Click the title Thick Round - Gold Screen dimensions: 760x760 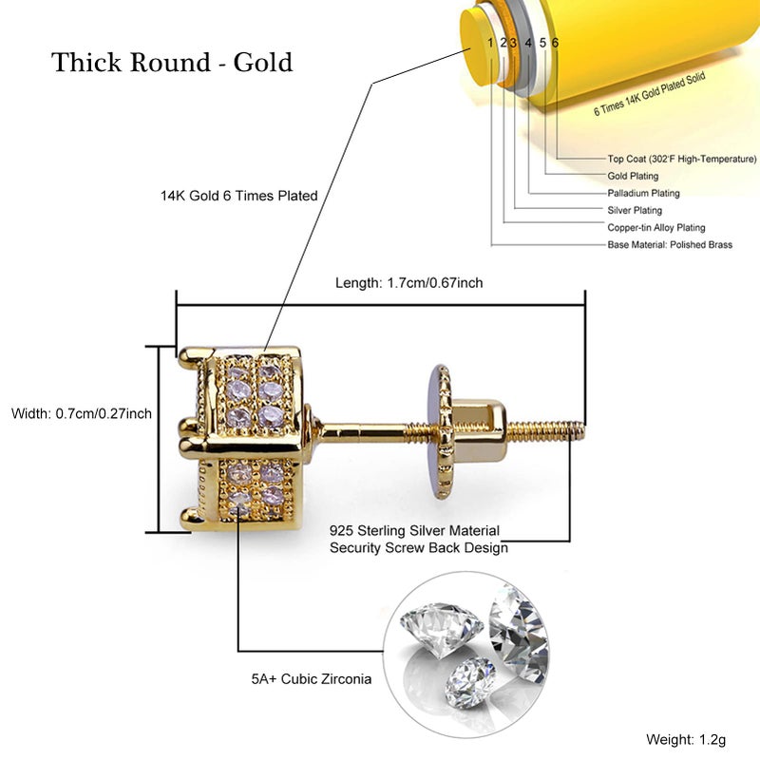pos(172,63)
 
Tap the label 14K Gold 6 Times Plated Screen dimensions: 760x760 pos(239,196)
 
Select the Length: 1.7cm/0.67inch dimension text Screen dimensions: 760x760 pos(409,282)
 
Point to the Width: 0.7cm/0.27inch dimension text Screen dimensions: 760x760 pos(82,413)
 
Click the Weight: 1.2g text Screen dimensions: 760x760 pos(686,740)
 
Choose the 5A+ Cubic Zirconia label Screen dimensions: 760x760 pos(312,679)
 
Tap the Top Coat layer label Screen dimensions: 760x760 pos(681,159)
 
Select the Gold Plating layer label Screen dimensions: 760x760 pos(633,176)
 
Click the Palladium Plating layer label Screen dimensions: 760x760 pos(644,194)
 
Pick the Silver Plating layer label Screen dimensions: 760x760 pos(635,210)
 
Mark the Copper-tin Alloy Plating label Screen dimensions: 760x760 pos(656,228)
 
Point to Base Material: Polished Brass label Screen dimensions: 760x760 pos(670,245)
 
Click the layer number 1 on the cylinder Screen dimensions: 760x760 pos(490,43)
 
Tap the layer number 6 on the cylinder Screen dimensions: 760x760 pos(555,43)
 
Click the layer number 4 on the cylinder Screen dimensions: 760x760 pos(528,43)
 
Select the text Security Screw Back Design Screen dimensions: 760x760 pos(419,548)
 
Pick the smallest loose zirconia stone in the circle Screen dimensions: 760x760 pos(470,682)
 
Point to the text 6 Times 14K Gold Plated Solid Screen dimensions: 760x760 pos(650,94)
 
